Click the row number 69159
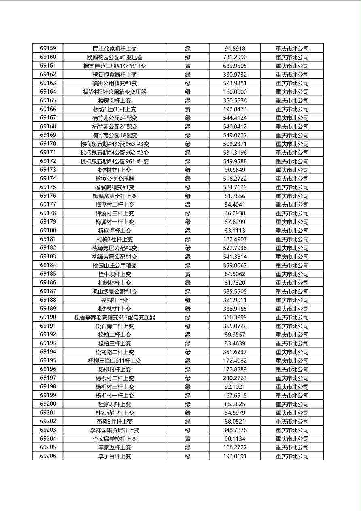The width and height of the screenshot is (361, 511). tap(48, 48)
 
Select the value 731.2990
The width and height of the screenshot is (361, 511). tap(235, 57)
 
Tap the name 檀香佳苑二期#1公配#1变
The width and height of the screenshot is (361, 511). tap(115, 66)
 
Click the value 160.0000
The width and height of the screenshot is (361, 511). tap(235, 92)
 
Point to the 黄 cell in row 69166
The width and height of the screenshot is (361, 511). tap(188, 109)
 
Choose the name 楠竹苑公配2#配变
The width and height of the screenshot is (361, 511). tap(115, 127)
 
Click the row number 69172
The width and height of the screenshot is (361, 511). tap(48, 161)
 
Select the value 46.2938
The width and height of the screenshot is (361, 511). tap(235, 213)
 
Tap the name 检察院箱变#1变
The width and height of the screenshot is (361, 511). tap(115, 187)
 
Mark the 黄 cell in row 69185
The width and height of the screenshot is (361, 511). tap(188, 274)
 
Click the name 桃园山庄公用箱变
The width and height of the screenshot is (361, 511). tap(115, 266)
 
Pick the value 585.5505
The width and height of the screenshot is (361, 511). tap(235, 292)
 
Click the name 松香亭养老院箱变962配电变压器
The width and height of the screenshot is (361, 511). tap(115, 317)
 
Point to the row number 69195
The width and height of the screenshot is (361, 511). tap(48, 360)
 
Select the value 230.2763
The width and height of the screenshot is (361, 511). tap(235, 378)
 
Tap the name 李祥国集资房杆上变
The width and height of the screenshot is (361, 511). tap(115, 430)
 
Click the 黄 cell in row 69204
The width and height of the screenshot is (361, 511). tap(188, 439)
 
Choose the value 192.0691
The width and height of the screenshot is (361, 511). tap(235, 456)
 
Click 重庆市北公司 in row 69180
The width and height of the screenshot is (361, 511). tap(292, 231)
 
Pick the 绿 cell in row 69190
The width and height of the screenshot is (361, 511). tap(188, 317)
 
